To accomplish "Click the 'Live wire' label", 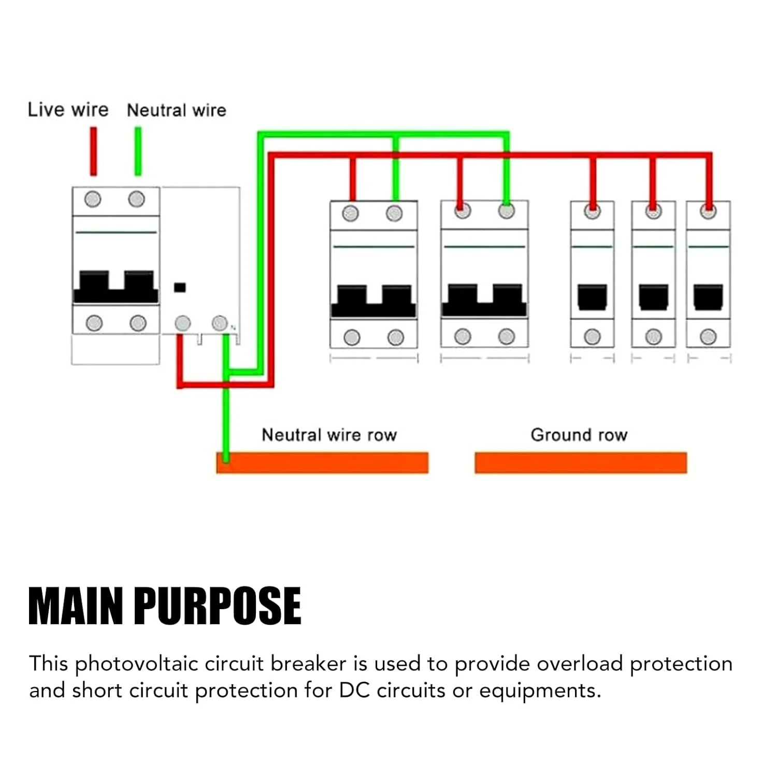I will pos(68,110).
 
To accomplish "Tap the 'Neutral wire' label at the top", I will pos(176,110).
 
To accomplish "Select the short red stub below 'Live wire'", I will pos(93,151).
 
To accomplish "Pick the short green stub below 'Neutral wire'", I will pos(138,151).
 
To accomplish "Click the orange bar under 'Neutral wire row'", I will pos(322,463).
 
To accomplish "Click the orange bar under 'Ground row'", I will pos(581,463).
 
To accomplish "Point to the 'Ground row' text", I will pos(579,435).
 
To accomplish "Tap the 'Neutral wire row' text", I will pos(329,435).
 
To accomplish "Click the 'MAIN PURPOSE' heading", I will pos(165,606).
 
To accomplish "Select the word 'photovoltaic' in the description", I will pos(136,664).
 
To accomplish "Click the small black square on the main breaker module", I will pos(180,287).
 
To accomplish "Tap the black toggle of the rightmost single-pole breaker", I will pos(708,297).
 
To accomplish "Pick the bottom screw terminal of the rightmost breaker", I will pos(708,337).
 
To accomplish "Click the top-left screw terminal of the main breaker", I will pos(93,199).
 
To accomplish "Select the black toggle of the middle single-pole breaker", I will pos(653,297).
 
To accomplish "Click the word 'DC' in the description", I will pos(354,691).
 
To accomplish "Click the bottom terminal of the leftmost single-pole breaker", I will pos(592,337).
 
